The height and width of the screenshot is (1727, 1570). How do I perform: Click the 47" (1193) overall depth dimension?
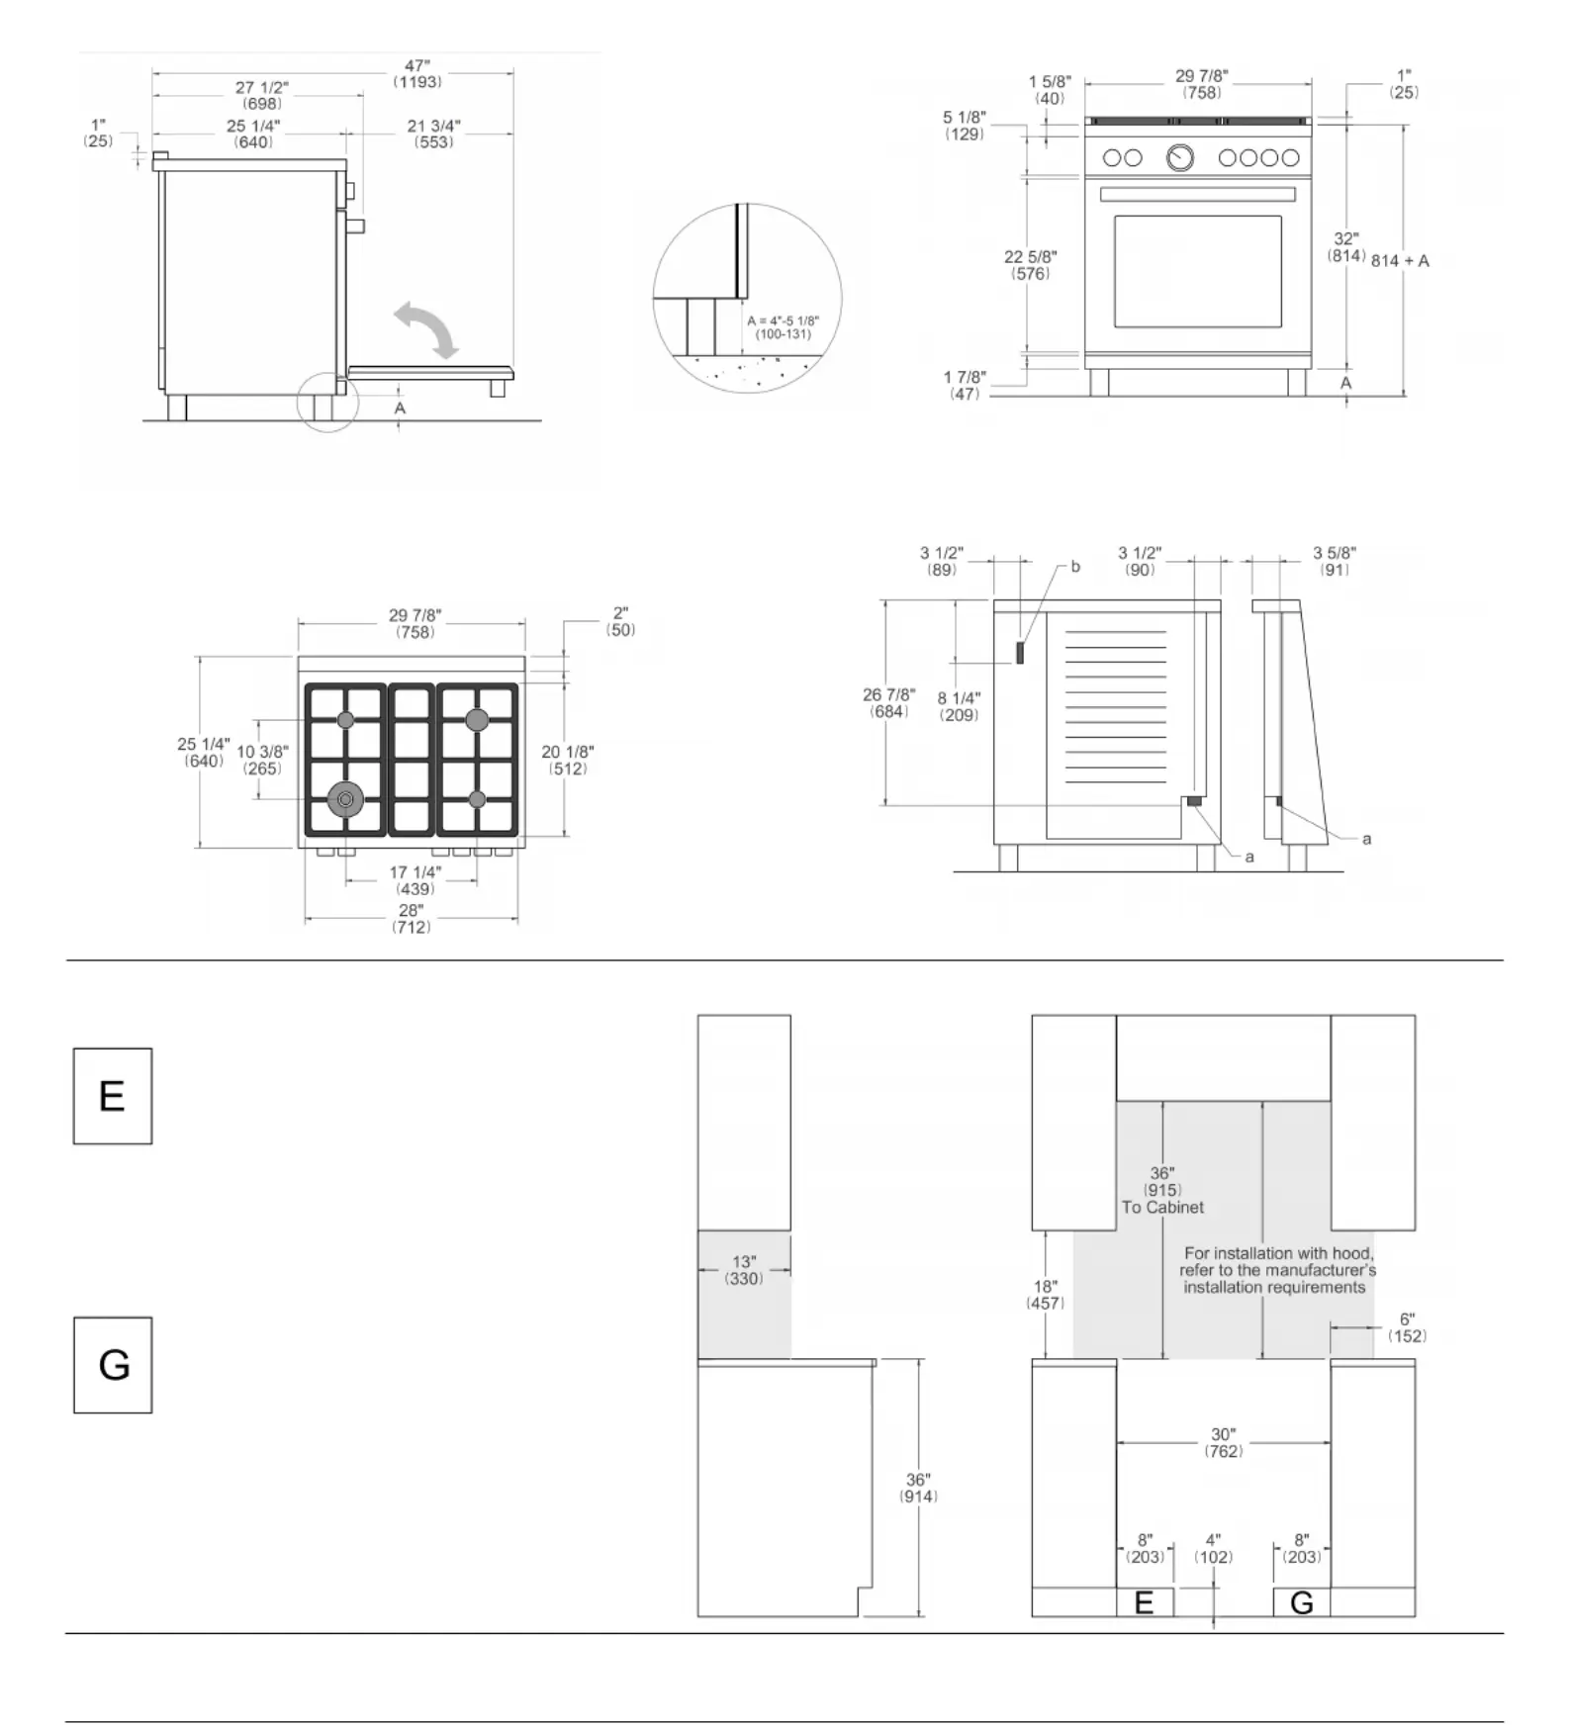(x=416, y=74)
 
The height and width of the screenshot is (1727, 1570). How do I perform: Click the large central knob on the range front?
(x=1179, y=157)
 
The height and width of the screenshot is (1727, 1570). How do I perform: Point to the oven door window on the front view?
(x=1197, y=271)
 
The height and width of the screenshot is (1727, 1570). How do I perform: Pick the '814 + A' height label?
(x=1400, y=261)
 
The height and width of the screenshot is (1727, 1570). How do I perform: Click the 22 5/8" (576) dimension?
(x=1030, y=265)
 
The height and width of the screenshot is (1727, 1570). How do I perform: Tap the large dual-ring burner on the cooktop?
(x=345, y=799)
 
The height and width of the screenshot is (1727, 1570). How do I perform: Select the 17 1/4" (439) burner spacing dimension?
(x=415, y=880)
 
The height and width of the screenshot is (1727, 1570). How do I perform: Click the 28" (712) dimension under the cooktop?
(x=411, y=919)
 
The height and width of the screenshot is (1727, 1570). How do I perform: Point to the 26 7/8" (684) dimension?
(x=888, y=703)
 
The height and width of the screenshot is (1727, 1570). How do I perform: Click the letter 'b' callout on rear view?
(x=1075, y=568)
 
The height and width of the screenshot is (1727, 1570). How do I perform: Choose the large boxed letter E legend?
(x=113, y=1096)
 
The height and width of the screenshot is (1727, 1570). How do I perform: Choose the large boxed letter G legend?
(x=113, y=1365)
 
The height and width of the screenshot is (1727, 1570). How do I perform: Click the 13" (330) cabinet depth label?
(x=744, y=1270)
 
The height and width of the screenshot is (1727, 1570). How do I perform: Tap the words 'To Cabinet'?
(x=1162, y=1207)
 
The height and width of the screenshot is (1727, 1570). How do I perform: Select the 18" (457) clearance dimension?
(x=1046, y=1295)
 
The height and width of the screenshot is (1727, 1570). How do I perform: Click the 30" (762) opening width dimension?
(x=1224, y=1442)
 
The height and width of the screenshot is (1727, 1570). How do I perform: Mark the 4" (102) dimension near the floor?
(x=1213, y=1549)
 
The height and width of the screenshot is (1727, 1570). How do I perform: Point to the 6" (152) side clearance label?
(x=1407, y=1327)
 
